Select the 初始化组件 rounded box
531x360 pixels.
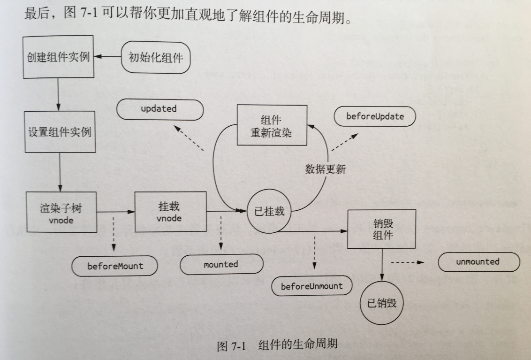pos(156,58)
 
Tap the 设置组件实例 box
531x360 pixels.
pos(58,132)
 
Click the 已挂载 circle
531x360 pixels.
pos(269,212)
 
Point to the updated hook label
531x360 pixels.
pos(159,109)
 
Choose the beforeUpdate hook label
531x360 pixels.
pos(375,117)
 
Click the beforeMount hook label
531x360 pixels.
pos(115,266)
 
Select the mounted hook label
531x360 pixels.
pos(221,265)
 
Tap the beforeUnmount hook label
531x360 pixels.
pos(312,286)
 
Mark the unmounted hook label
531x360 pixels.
pos(478,262)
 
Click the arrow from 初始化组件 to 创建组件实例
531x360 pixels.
pos(107,57)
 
